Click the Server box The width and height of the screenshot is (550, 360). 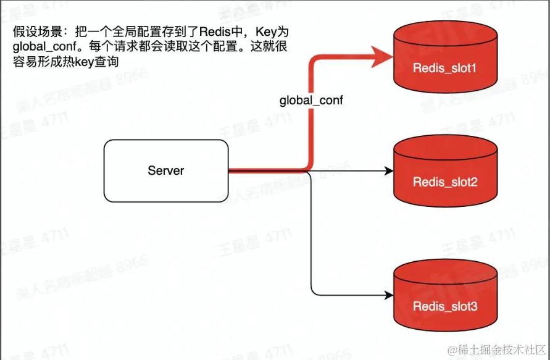pos(166,170)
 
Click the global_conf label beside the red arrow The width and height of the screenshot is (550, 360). pos(311,100)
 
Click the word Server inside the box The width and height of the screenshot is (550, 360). pos(166,170)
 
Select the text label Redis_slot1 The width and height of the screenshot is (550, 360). pos(445,67)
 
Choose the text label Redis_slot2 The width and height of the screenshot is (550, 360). pos(445,182)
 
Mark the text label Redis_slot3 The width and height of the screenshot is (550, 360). pos(445,306)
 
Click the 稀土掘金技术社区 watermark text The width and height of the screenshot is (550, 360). pos(501,350)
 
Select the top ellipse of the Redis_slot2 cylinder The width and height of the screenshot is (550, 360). pos(445,146)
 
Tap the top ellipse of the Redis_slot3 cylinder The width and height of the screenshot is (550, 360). pos(445,271)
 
